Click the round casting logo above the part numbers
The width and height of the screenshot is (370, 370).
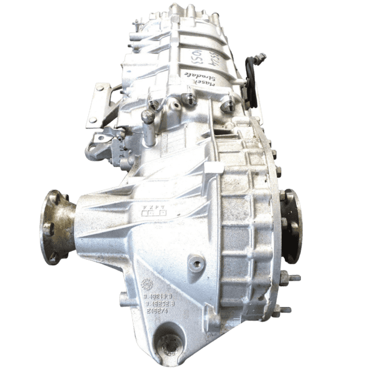(147, 284)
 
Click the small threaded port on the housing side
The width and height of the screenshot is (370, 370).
(197, 264)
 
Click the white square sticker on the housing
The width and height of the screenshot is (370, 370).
(213, 166)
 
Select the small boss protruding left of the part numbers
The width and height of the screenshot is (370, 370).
(123, 299)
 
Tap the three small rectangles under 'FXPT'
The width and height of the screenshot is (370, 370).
(154, 213)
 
